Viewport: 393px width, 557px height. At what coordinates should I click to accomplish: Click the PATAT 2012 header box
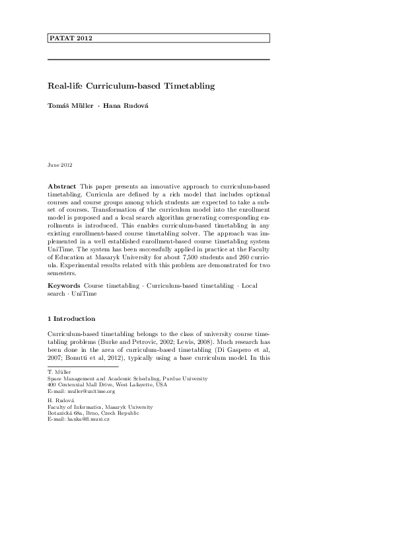click(x=159, y=38)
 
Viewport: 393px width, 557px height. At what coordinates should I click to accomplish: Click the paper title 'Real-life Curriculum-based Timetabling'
click(x=131, y=86)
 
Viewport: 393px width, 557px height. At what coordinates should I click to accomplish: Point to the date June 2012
click(x=61, y=164)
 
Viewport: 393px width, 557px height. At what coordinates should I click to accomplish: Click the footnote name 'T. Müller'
click(x=58, y=372)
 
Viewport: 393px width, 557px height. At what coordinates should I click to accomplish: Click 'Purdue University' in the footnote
click(x=186, y=378)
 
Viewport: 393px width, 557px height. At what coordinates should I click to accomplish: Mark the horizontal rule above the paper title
click(x=159, y=60)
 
